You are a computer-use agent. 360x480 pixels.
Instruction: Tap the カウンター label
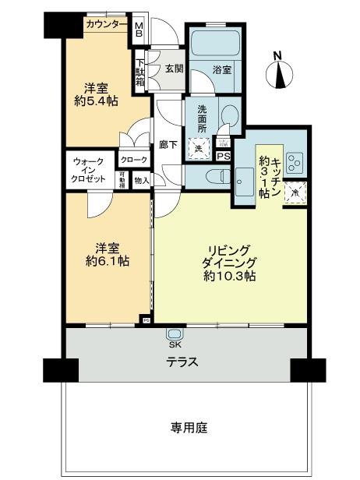coord(107,25)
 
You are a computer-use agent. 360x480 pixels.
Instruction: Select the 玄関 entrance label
coord(172,68)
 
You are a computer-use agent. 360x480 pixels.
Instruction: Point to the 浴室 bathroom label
coord(222,69)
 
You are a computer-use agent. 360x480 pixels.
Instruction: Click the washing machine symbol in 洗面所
coord(199,148)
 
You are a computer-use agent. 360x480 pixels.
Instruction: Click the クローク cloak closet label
coord(132,160)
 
